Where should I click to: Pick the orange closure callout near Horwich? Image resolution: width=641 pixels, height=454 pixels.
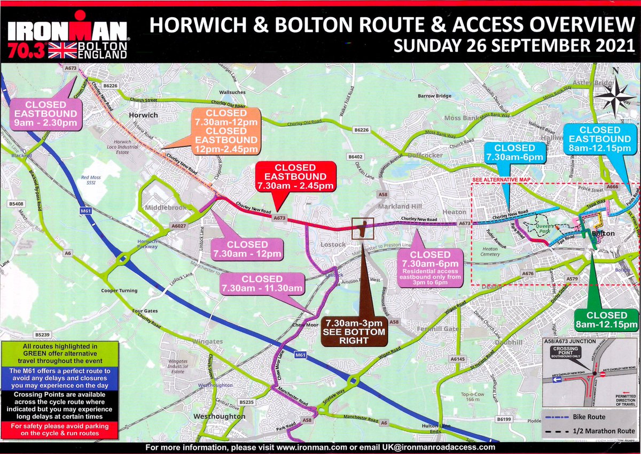[x=226, y=131]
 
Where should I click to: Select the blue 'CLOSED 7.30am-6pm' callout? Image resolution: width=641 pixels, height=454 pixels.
[x=514, y=152]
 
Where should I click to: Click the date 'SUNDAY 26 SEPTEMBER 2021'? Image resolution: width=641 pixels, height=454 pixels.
[x=512, y=45]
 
